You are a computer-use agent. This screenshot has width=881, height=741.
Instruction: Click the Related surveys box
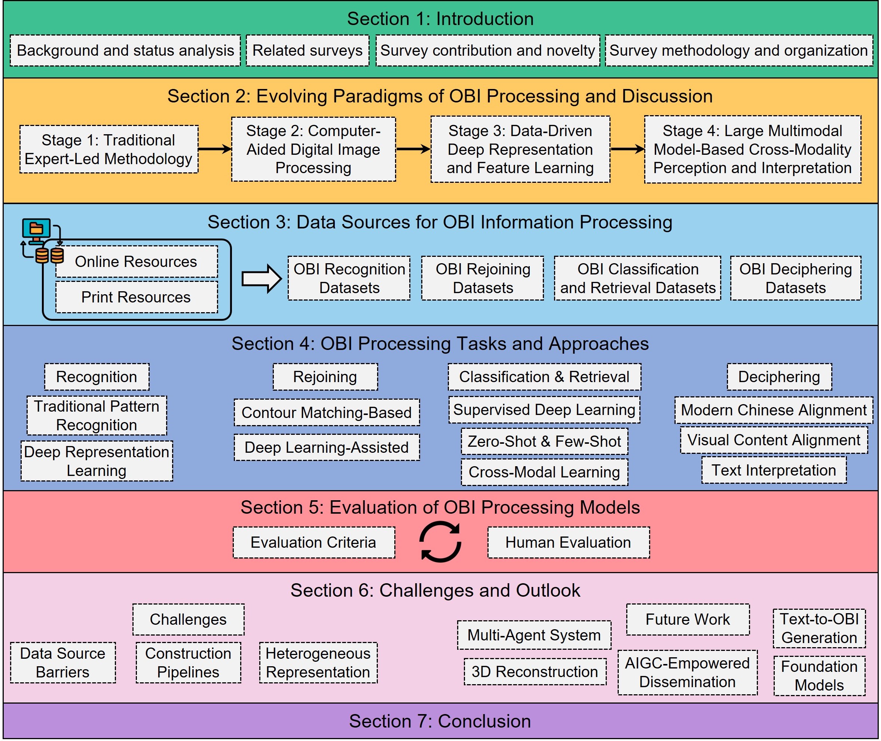tap(307, 50)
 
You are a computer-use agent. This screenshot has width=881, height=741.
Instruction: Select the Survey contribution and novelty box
tap(487, 50)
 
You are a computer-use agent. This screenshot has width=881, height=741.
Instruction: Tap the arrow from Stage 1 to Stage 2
tap(214, 149)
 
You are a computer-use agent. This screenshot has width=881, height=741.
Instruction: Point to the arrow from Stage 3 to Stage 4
tap(627, 149)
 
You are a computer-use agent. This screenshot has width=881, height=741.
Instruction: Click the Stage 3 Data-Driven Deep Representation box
tap(520, 149)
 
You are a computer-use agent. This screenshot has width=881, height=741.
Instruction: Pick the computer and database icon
tap(42, 241)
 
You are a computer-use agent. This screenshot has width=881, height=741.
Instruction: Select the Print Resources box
tap(136, 297)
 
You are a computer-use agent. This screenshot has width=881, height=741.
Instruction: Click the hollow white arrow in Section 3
tap(261, 279)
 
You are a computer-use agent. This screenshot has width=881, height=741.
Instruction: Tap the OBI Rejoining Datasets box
tap(483, 278)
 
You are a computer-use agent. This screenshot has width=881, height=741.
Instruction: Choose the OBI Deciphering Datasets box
tap(795, 278)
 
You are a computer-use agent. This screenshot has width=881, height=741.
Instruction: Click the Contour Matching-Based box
tap(327, 412)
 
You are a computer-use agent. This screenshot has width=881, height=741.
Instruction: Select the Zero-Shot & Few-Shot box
tap(544, 441)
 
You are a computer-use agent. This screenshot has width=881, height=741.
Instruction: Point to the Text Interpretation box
tap(774, 470)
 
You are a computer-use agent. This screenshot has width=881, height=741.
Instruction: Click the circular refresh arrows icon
tap(441, 541)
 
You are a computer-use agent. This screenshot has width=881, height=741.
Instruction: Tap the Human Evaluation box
tap(568, 542)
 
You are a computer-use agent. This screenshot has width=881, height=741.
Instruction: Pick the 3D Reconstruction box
tap(535, 672)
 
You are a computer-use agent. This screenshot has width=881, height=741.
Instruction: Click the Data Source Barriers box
tap(62, 662)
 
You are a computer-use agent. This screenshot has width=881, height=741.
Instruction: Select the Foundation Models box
tap(819, 676)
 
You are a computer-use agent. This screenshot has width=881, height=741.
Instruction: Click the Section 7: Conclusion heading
tap(440, 721)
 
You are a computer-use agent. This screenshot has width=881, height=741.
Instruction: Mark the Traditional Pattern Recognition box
tap(97, 415)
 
